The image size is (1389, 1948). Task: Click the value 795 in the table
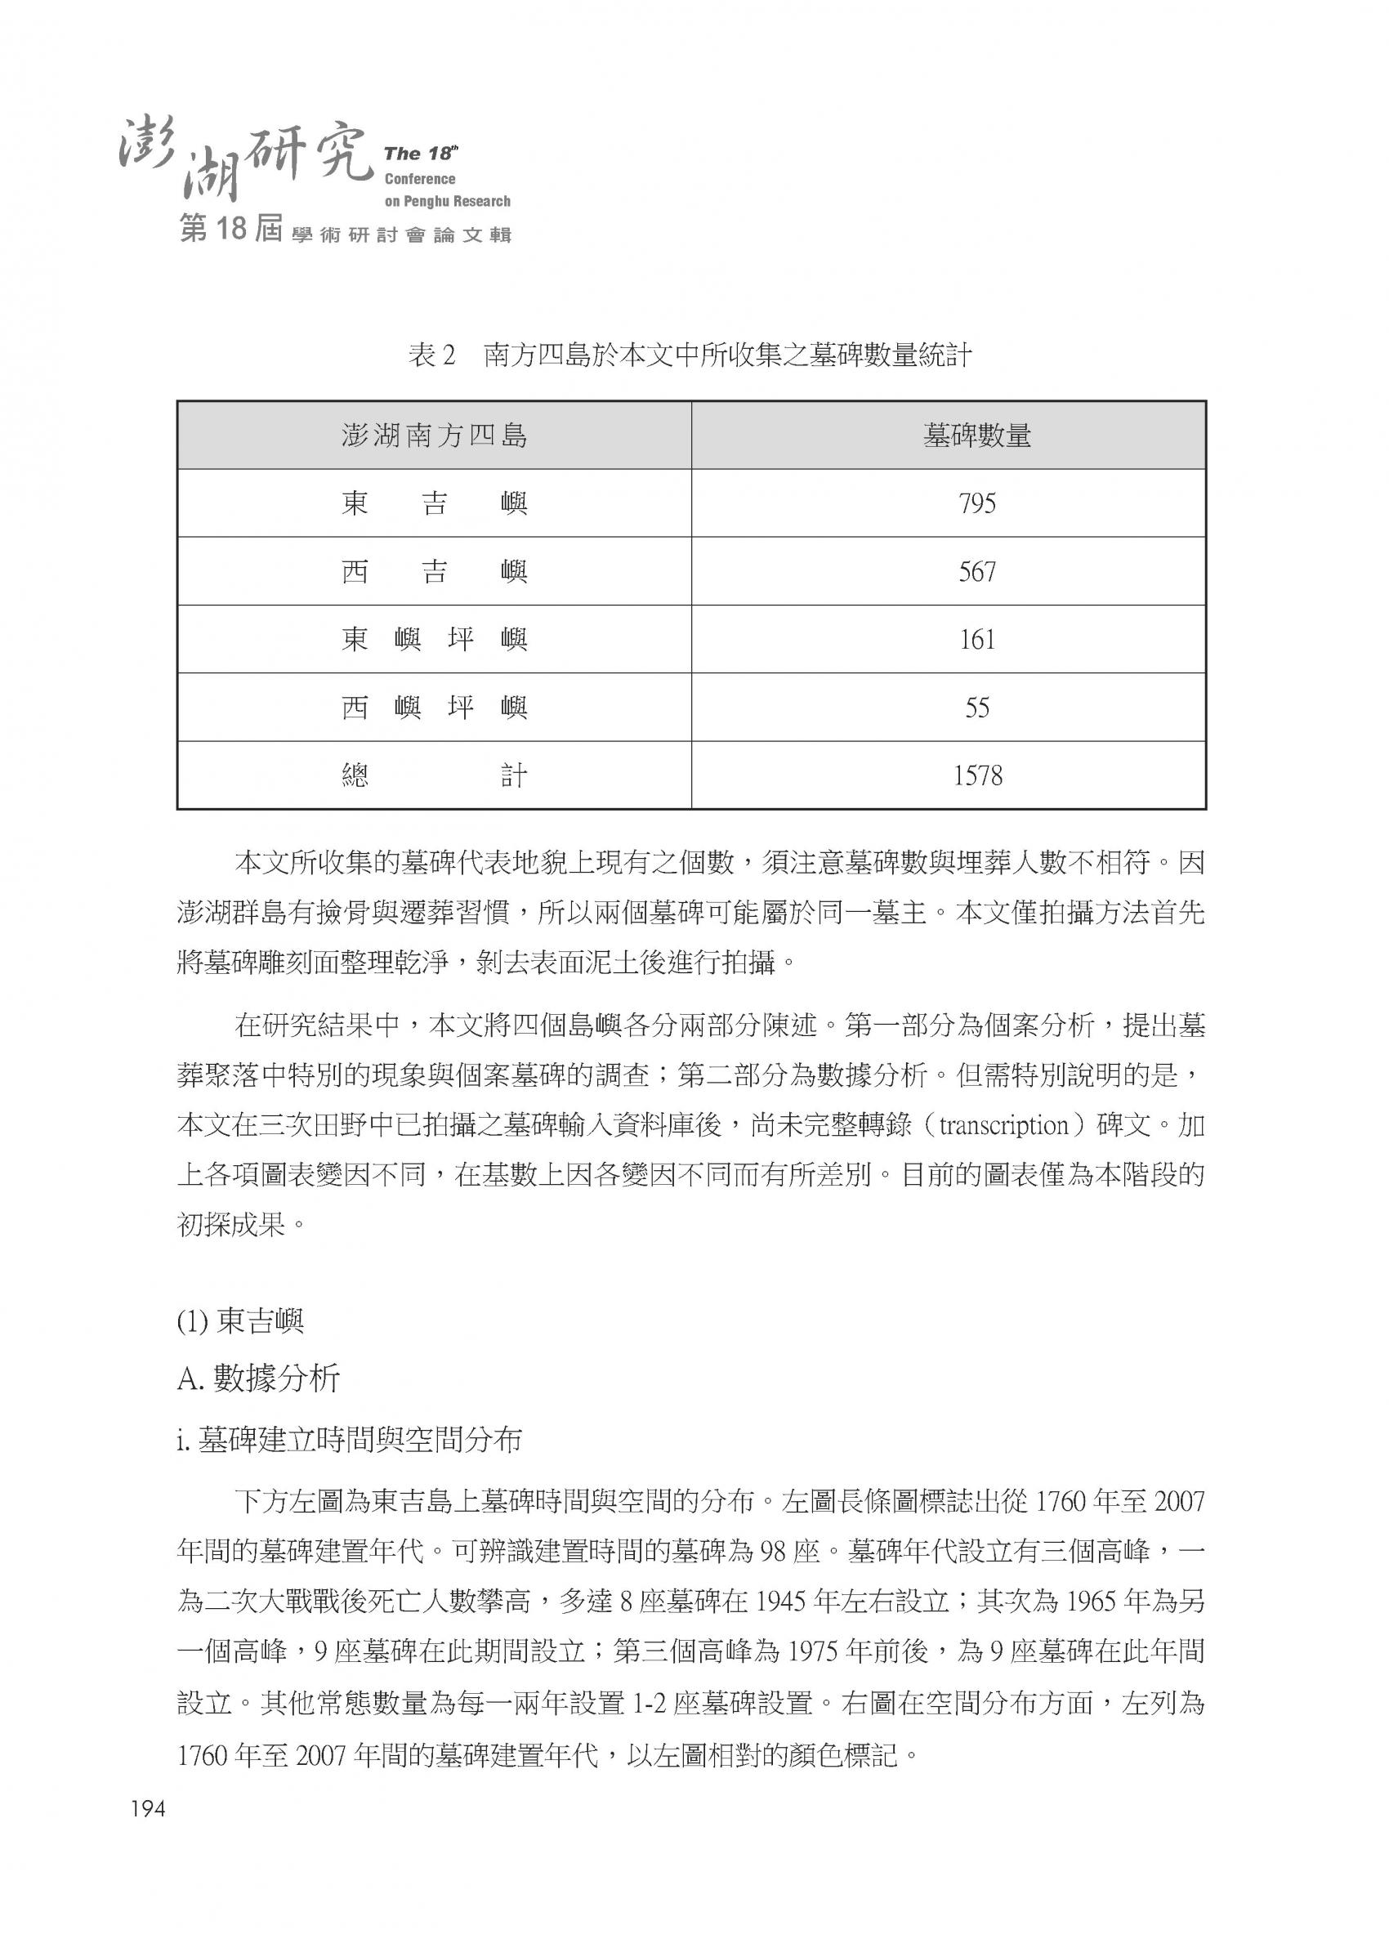pyautogui.click(x=976, y=503)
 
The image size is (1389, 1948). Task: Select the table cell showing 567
pyautogui.click(x=976, y=571)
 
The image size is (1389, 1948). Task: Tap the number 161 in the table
pyautogui.click(x=976, y=639)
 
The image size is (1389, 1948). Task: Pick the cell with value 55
pyautogui.click(x=976, y=707)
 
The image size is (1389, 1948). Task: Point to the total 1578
pyautogui.click(x=976, y=775)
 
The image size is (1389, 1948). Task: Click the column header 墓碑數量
pyautogui.click(x=976, y=436)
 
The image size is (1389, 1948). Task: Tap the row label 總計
pyautogui.click(x=434, y=775)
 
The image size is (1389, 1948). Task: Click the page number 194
pyautogui.click(x=147, y=1809)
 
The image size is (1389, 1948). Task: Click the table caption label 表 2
pyautogui.click(x=434, y=355)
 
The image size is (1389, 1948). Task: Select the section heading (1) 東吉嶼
pyautogui.click(x=240, y=1322)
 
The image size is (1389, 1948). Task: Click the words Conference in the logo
pyautogui.click(x=420, y=179)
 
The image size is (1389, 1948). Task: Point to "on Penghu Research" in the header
pyautogui.click(x=447, y=202)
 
